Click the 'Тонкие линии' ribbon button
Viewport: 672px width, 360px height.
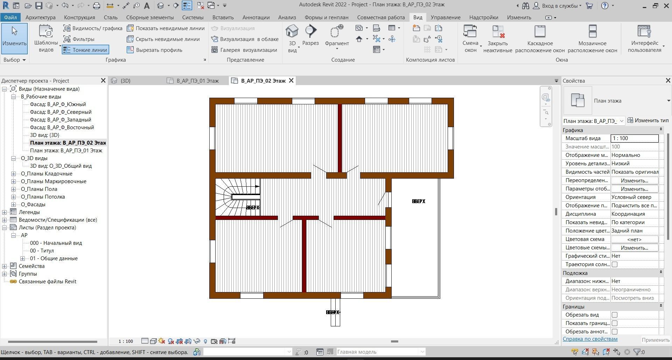pos(85,50)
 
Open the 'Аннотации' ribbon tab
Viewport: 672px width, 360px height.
pos(256,18)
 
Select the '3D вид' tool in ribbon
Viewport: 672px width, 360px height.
pos(292,39)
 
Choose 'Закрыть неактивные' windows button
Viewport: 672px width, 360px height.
pos(497,39)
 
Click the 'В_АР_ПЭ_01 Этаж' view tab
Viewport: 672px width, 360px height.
pos(197,81)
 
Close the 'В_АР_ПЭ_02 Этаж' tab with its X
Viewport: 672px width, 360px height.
pos(291,81)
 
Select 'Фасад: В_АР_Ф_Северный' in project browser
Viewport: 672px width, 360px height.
pos(61,112)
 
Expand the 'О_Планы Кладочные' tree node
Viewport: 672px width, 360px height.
pos(14,174)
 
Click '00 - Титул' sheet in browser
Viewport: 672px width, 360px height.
pos(42,251)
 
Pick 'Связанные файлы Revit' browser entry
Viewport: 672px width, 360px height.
pos(47,282)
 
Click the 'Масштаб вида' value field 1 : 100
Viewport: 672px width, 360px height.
pos(634,138)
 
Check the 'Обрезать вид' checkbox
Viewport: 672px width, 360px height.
pos(615,315)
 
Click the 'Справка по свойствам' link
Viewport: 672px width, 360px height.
pos(590,339)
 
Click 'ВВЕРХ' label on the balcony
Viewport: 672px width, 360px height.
pos(418,201)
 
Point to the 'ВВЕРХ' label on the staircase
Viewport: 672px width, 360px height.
pos(253,208)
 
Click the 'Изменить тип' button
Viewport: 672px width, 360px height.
pos(648,120)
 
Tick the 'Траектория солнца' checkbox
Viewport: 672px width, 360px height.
pos(615,264)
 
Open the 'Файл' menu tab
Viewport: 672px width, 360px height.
pos(10,18)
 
